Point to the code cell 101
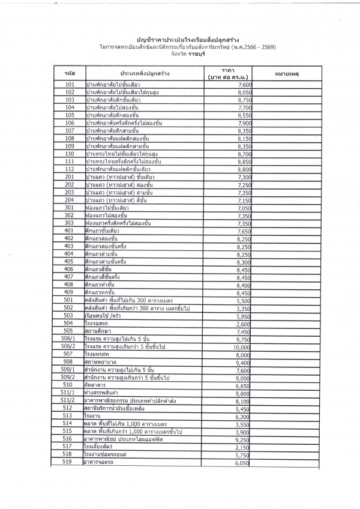(70, 85)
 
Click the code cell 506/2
(70, 346)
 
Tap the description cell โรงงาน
(93, 433)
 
